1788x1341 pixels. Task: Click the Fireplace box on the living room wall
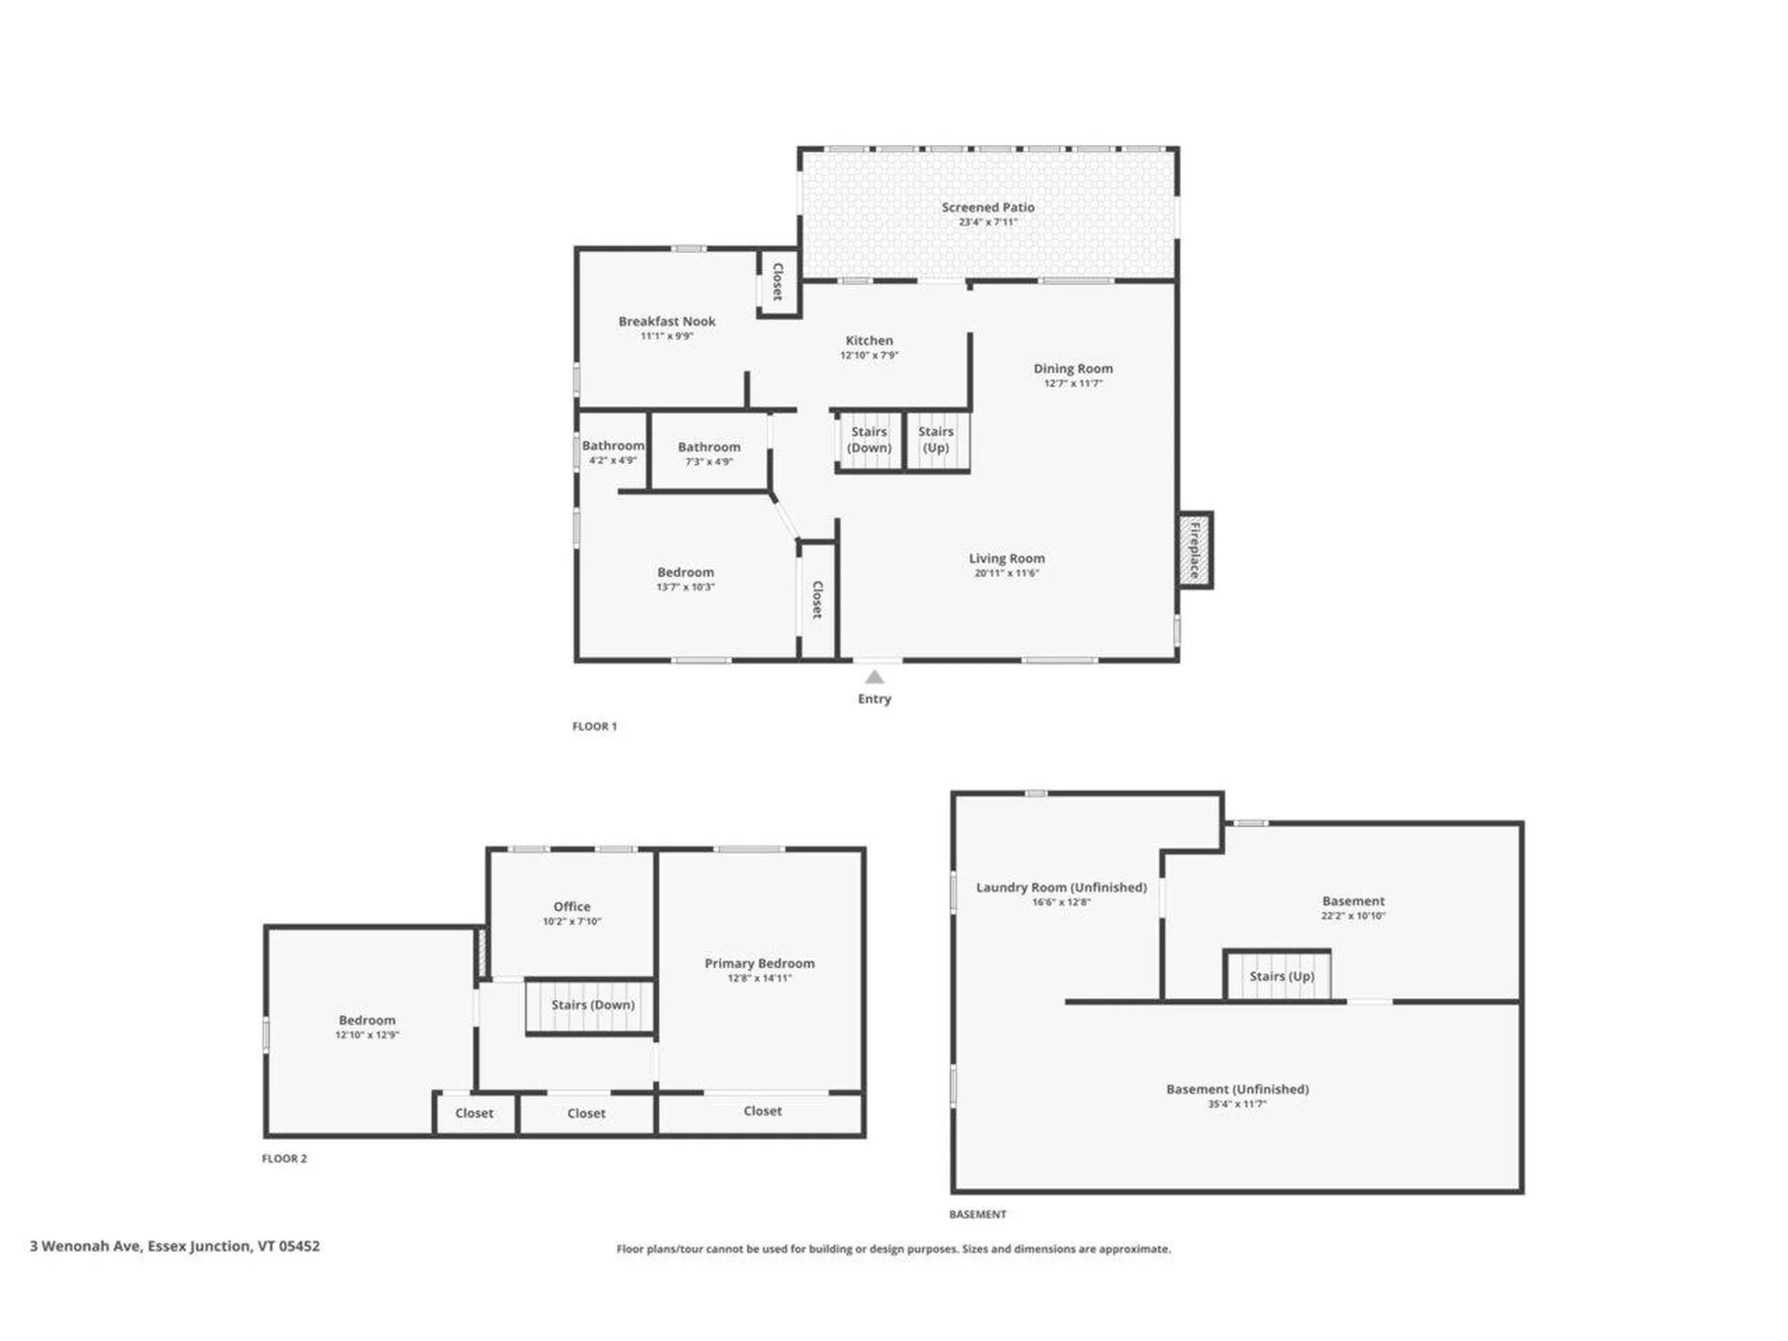1195,550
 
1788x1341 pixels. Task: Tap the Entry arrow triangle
874,677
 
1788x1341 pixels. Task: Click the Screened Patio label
987,208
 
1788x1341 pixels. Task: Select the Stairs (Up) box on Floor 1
937,440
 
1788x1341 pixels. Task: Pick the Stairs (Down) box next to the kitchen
869,440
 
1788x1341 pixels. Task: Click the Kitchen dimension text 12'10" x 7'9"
869,356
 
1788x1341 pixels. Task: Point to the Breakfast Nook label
667,321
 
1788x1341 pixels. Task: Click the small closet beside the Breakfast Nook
779,282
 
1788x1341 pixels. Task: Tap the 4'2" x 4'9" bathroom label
613,460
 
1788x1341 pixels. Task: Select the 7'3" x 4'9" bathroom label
709,462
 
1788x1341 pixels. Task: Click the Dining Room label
1073,369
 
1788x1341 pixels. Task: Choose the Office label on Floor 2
572,906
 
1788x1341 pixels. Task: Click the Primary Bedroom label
759,964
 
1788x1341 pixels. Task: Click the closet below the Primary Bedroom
762,1112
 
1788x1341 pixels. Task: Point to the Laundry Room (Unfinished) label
1061,887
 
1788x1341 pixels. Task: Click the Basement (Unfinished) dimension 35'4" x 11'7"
1237,1104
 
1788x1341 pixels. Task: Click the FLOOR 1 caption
594,726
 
